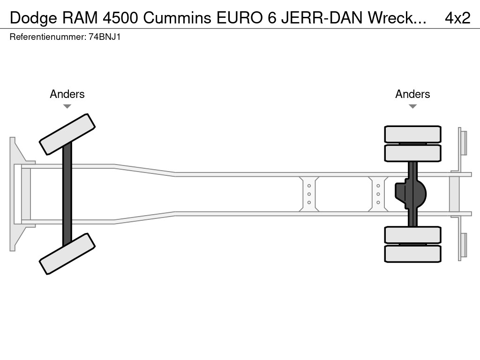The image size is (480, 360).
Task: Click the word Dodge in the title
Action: (31, 18)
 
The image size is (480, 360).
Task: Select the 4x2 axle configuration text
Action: (457, 18)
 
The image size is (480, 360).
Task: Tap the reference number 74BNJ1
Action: (105, 37)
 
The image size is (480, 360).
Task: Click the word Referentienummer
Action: (47, 37)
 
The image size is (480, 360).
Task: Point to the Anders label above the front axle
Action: (67, 94)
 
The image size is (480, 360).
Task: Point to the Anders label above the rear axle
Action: (412, 94)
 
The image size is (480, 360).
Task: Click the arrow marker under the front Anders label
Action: (67, 106)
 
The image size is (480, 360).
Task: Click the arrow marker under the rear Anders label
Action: (412, 106)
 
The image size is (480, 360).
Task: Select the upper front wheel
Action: (67, 134)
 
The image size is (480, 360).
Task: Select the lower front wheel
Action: (67, 254)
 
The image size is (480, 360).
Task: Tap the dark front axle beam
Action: (67, 194)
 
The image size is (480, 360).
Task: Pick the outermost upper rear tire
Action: (412, 134)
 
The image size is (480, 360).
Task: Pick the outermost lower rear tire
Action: (412, 254)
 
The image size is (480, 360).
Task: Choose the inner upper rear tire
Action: (412, 153)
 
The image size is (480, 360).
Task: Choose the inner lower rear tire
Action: (412, 235)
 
